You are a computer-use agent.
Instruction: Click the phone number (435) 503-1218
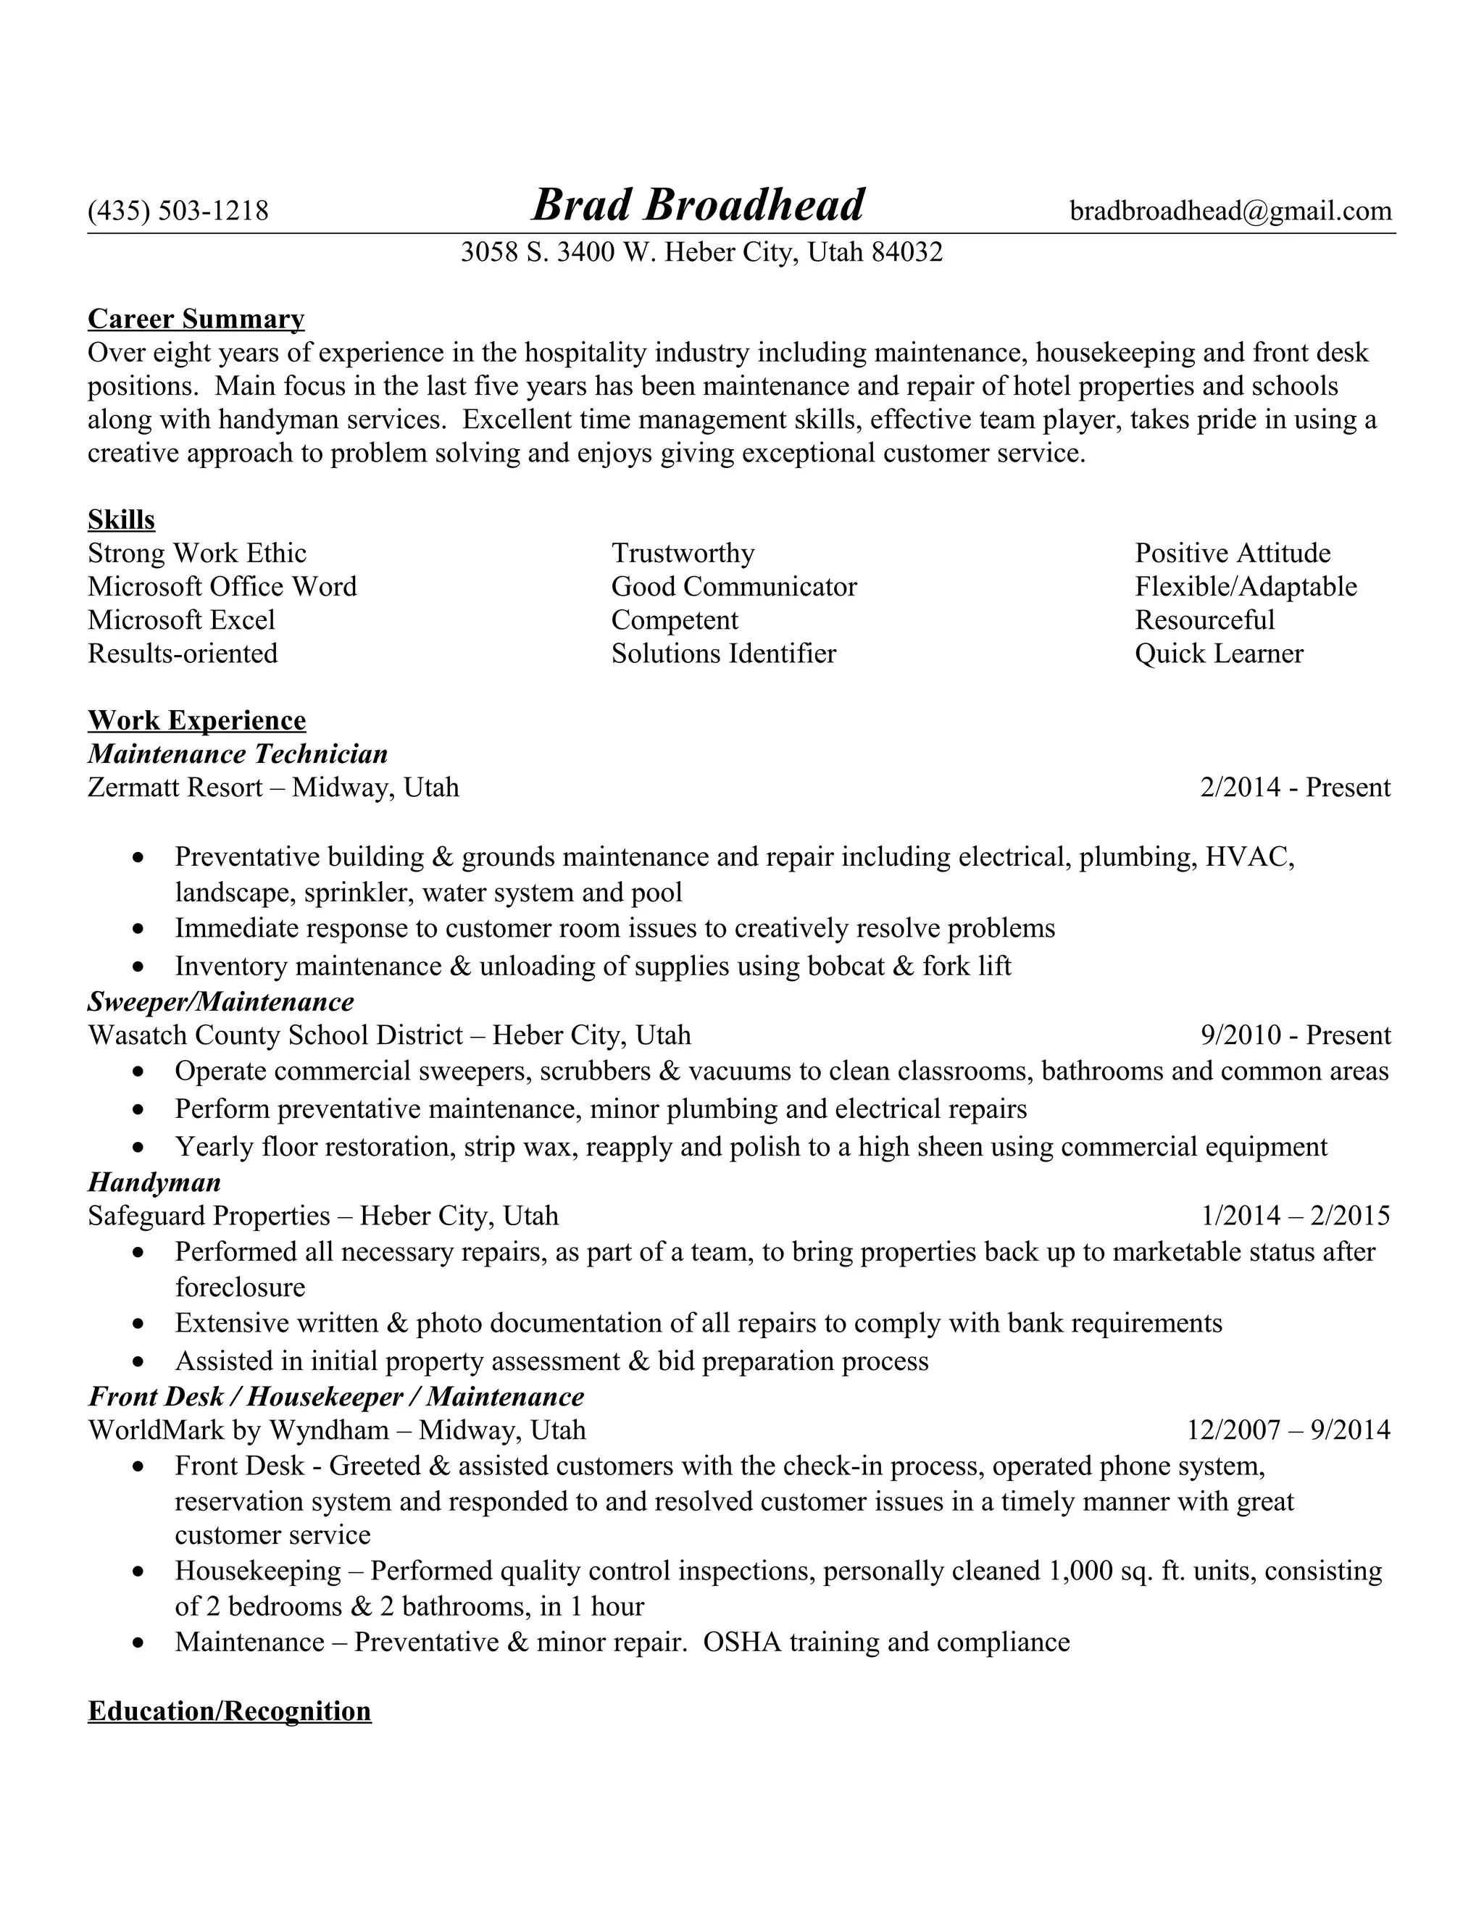[x=178, y=211]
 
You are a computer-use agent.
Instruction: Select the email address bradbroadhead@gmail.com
[x=1230, y=211]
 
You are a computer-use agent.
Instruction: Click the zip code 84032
[x=906, y=252]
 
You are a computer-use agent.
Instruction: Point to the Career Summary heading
[x=196, y=318]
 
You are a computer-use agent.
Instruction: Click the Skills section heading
[x=121, y=519]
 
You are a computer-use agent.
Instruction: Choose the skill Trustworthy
[x=683, y=553]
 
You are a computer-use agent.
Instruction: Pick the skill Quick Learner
[x=1219, y=654]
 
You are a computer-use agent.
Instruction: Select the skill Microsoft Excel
[x=181, y=619]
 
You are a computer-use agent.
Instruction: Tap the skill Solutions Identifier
[x=724, y=654]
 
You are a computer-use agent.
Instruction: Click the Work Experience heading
[x=197, y=720]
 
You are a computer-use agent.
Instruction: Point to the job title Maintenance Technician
[x=238, y=754]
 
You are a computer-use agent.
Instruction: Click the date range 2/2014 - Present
[x=1295, y=787]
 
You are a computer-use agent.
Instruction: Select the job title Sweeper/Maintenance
[x=221, y=1001]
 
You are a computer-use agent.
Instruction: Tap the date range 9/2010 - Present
[x=1295, y=1035]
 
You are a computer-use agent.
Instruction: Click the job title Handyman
[x=154, y=1182]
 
